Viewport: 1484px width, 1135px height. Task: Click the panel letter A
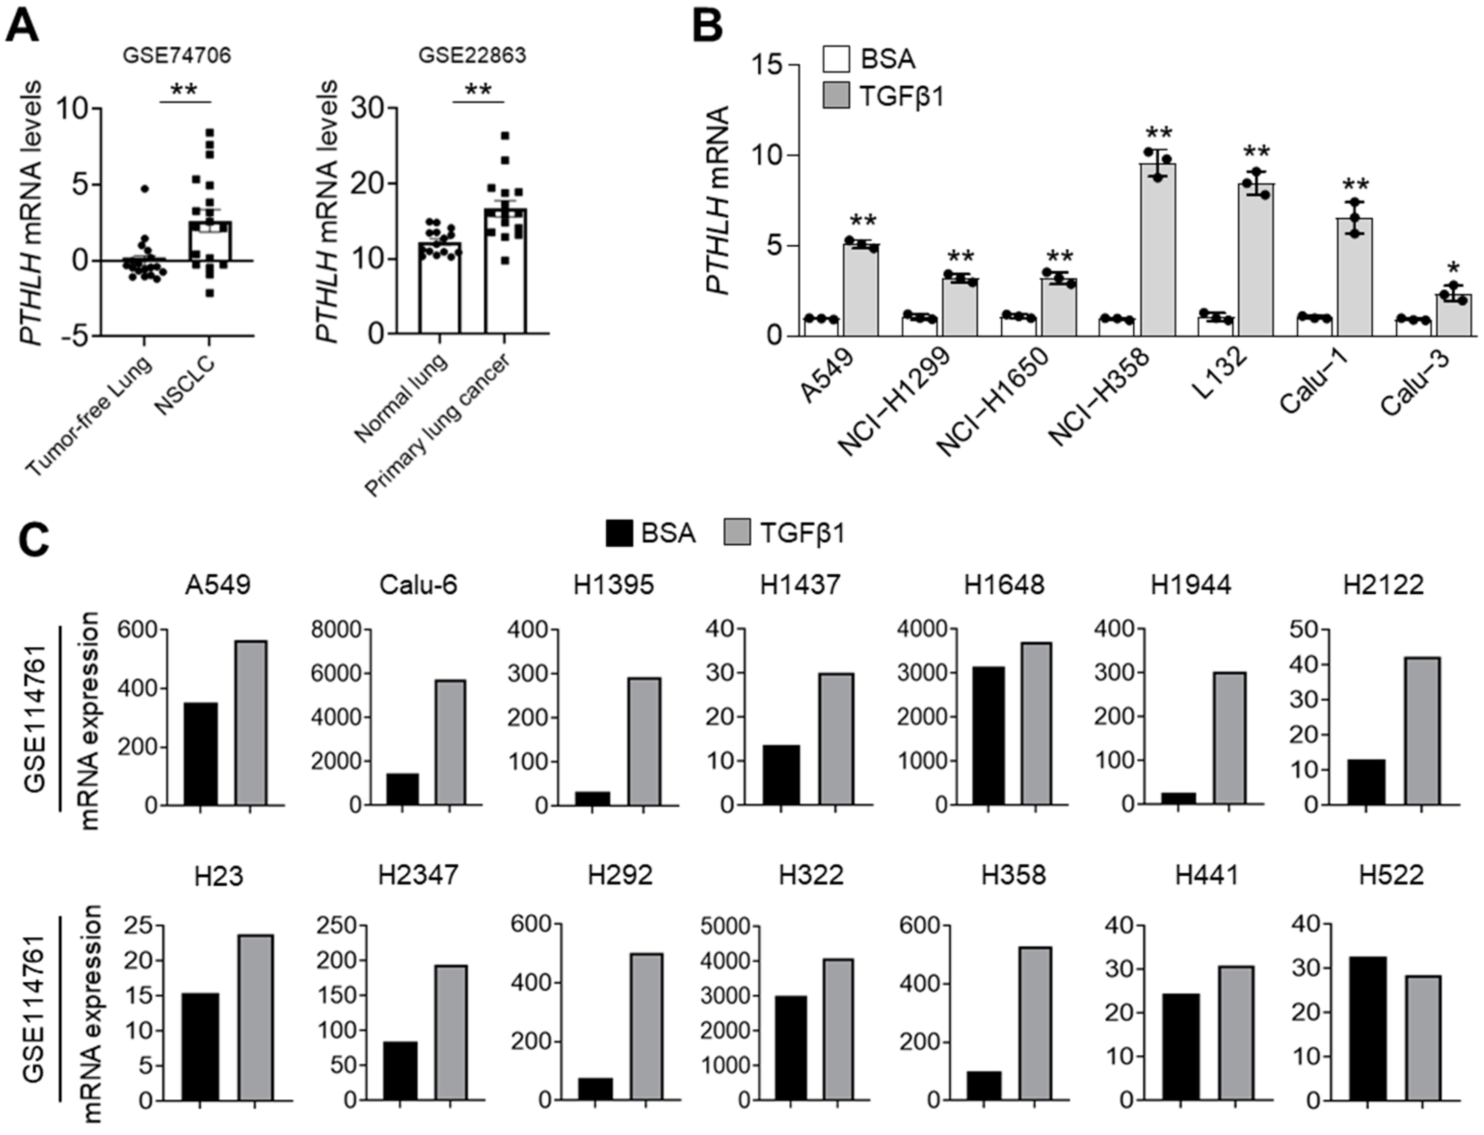click(x=22, y=26)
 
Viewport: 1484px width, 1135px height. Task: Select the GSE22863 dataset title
click(x=472, y=55)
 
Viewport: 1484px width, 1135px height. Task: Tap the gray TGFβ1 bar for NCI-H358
click(x=1158, y=250)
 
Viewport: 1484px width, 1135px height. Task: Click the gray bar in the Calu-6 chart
click(x=450, y=743)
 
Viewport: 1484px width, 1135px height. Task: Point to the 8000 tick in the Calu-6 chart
click(x=336, y=629)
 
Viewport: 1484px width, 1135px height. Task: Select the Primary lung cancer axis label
click(x=437, y=426)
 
